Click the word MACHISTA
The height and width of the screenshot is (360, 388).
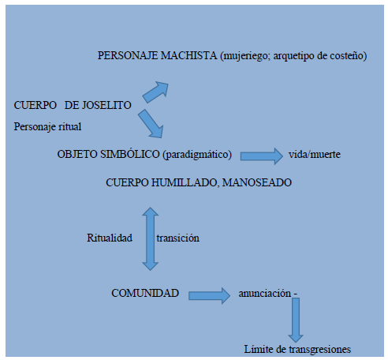pyautogui.click(x=188, y=55)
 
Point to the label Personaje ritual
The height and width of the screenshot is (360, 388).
pyautogui.click(x=47, y=126)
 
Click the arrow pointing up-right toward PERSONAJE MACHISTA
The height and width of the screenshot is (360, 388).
pyautogui.click(x=155, y=92)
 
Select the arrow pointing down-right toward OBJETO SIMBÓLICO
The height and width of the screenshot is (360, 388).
pyautogui.click(x=151, y=124)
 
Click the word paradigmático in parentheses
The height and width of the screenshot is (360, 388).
pyautogui.click(x=197, y=155)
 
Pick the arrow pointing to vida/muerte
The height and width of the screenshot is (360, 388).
pyautogui.click(x=262, y=156)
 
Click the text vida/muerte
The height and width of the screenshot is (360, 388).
pyautogui.click(x=315, y=154)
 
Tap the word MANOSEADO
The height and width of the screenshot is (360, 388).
pyautogui.click(x=257, y=182)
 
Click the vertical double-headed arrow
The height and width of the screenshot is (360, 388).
pyautogui.click(x=150, y=238)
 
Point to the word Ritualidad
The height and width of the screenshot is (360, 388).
pyautogui.click(x=110, y=238)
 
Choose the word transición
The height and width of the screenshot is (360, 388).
pyautogui.click(x=177, y=238)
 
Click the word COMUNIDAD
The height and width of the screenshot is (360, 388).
pyautogui.click(x=145, y=293)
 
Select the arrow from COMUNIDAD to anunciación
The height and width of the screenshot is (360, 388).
pyautogui.click(x=209, y=296)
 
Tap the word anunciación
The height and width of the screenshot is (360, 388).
pyautogui.click(x=264, y=293)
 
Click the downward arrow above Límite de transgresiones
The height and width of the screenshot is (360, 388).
pyautogui.click(x=296, y=321)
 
